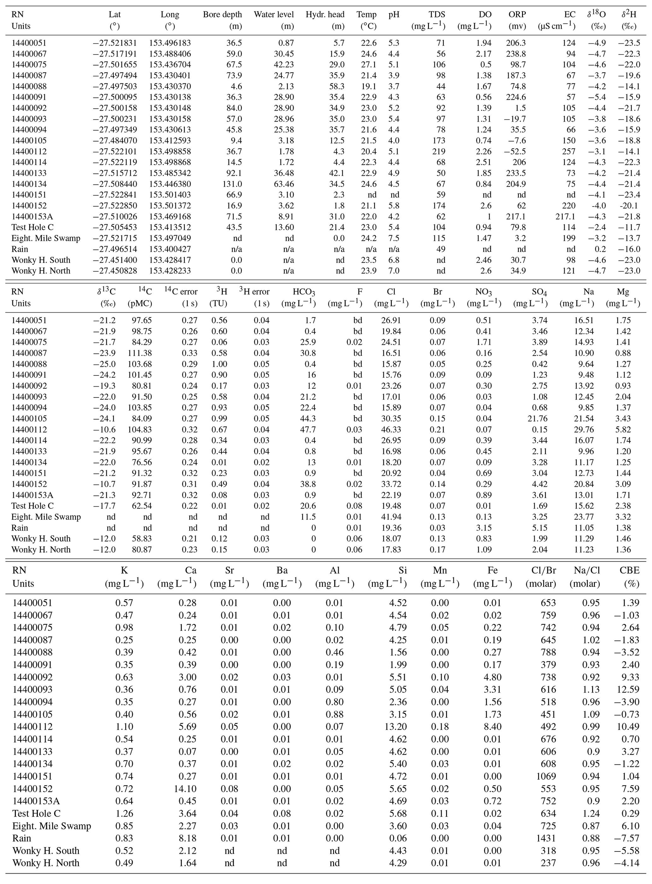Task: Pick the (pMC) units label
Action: tap(140, 304)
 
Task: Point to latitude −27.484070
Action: tap(115, 140)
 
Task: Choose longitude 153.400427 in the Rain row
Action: tap(170, 249)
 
